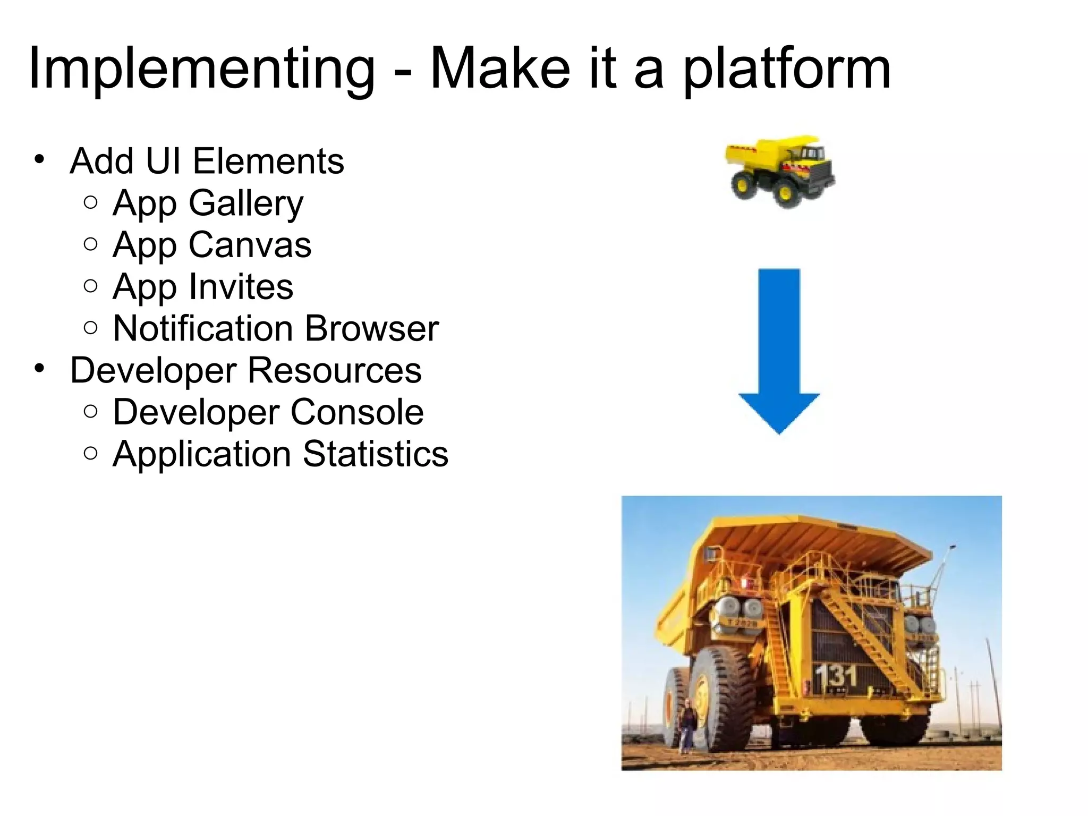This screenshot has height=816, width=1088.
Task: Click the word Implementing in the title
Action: tap(202, 69)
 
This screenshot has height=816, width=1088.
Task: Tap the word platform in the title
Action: tap(786, 69)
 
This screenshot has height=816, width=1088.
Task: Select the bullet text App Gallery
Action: tap(208, 203)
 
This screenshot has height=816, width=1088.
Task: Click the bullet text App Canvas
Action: tap(212, 245)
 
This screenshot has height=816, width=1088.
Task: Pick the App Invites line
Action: tap(203, 287)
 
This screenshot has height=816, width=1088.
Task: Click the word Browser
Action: tap(372, 329)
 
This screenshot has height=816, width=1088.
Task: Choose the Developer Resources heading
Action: tap(245, 370)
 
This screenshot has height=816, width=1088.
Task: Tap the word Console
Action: tap(357, 412)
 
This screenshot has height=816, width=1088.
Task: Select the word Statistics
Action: tap(376, 454)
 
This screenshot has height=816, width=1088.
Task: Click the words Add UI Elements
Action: tap(207, 161)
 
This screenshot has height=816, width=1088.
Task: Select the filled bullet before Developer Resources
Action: tap(39, 368)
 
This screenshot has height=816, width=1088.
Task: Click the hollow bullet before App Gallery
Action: tap(91, 202)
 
